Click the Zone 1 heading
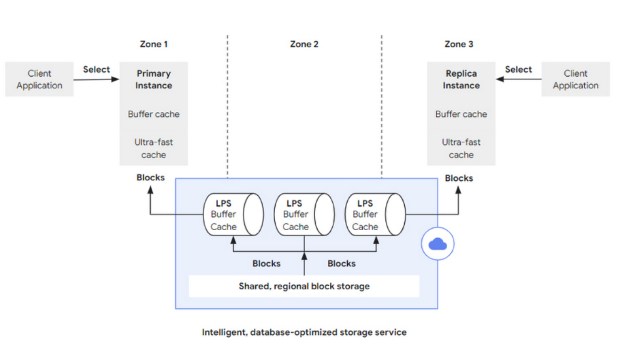click(154, 44)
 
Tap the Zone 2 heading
click(304, 44)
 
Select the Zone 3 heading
click(459, 44)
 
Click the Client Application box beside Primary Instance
click(39, 79)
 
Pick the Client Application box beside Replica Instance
click(576, 79)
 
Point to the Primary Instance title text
click(154, 79)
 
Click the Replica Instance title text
click(461, 79)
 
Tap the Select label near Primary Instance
click(96, 70)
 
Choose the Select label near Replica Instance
click(518, 70)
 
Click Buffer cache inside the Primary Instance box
click(154, 114)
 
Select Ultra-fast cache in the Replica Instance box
click(461, 148)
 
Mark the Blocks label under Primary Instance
click(150, 177)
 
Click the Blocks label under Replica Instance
click(459, 178)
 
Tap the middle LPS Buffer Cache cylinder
click(304, 214)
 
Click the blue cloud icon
click(438, 243)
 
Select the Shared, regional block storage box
click(304, 286)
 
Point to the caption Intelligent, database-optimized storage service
click(304, 332)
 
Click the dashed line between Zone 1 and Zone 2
click(228, 106)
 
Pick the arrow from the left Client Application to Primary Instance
click(96, 79)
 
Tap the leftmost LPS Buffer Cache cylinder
click(234, 214)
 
